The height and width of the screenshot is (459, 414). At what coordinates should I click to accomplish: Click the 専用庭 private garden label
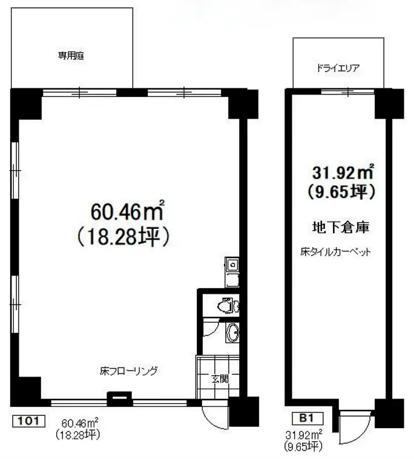click(x=71, y=56)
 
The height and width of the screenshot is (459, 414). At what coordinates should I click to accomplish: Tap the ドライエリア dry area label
click(x=338, y=68)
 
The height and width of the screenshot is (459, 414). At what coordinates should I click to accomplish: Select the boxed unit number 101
click(x=28, y=421)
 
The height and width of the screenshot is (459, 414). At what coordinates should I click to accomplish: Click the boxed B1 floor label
click(x=308, y=418)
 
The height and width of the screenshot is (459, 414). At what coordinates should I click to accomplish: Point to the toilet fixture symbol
click(x=228, y=306)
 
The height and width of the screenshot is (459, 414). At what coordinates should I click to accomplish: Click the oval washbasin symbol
click(x=233, y=333)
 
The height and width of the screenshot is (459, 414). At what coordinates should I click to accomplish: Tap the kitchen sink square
click(x=232, y=265)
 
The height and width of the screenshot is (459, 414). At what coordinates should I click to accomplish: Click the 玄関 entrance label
click(x=220, y=379)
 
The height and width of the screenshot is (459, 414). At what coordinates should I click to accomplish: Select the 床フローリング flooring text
click(x=128, y=371)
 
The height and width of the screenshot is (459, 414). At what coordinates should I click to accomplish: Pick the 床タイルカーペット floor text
click(x=335, y=252)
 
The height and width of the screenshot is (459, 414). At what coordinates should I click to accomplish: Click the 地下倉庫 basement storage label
click(x=341, y=228)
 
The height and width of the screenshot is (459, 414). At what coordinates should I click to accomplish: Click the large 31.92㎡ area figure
click(x=343, y=172)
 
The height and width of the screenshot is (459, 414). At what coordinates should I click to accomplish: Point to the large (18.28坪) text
click(x=123, y=237)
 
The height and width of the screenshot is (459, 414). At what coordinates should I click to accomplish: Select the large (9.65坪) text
click(x=341, y=192)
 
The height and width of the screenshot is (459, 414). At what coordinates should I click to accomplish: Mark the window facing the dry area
click(x=347, y=92)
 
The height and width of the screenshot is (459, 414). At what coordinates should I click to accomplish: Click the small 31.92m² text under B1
click(x=304, y=434)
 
